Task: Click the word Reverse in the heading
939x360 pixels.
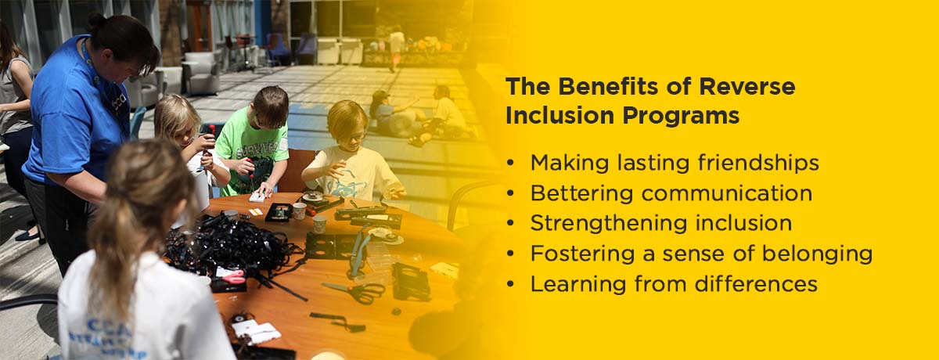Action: (x=747, y=86)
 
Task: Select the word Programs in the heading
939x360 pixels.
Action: (x=681, y=115)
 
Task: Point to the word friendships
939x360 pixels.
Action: (x=758, y=162)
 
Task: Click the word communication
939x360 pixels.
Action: (x=727, y=193)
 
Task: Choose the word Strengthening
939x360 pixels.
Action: (x=609, y=223)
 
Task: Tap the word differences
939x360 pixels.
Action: (x=756, y=284)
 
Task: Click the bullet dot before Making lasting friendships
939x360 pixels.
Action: (x=510, y=163)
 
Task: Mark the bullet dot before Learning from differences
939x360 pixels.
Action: (x=510, y=284)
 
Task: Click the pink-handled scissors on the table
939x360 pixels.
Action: (x=232, y=276)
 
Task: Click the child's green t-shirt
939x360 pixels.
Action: (x=250, y=155)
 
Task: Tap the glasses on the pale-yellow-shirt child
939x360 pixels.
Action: (x=356, y=135)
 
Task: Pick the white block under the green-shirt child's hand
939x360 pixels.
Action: (x=257, y=198)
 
